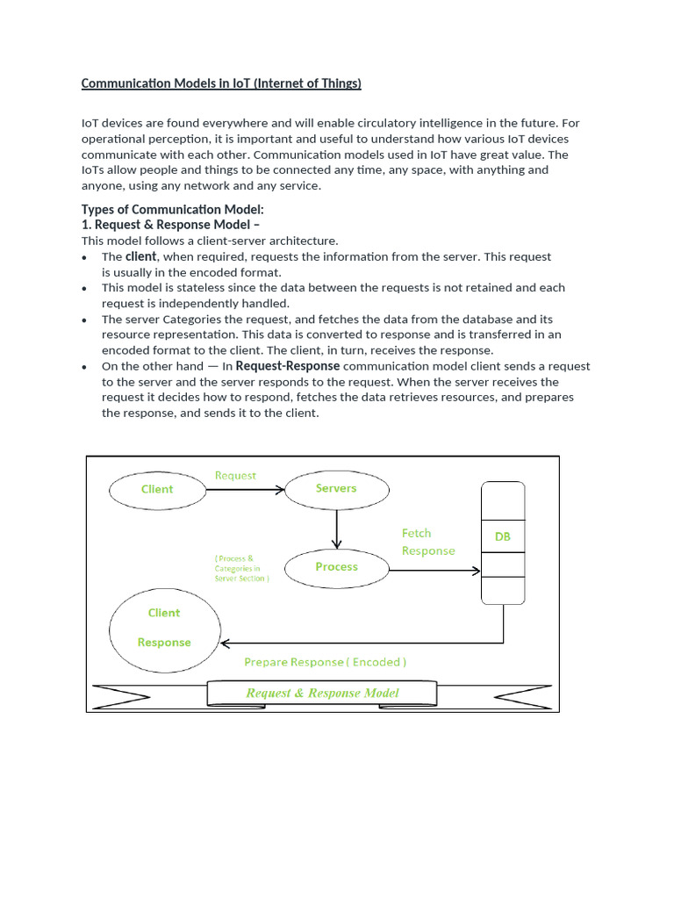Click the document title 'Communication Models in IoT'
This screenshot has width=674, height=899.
[x=221, y=83]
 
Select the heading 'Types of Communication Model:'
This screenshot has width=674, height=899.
[x=172, y=209]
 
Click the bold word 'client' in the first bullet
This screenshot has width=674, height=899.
[x=141, y=256]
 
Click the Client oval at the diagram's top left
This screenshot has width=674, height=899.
[x=157, y=489]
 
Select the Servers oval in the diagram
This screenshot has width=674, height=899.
[x=336, y=488]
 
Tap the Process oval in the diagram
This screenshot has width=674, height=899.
[x=336, y=567]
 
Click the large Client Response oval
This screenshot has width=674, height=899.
[x=163, y=628]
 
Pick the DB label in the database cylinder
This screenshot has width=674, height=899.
[x=502, y=536]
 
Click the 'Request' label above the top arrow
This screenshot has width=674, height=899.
[x=235, y=476]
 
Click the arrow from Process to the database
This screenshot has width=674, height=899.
[x=434, y=571]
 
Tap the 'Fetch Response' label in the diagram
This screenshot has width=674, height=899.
[x=428, y=542]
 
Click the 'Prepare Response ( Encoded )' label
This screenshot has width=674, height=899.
[x=325, y=662]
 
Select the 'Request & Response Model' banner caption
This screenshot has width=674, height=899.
[x=322, y=693]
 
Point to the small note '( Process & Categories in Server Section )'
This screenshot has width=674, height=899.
[x=241, y=568]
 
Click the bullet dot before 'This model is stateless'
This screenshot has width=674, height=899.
[x=83, y=289]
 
